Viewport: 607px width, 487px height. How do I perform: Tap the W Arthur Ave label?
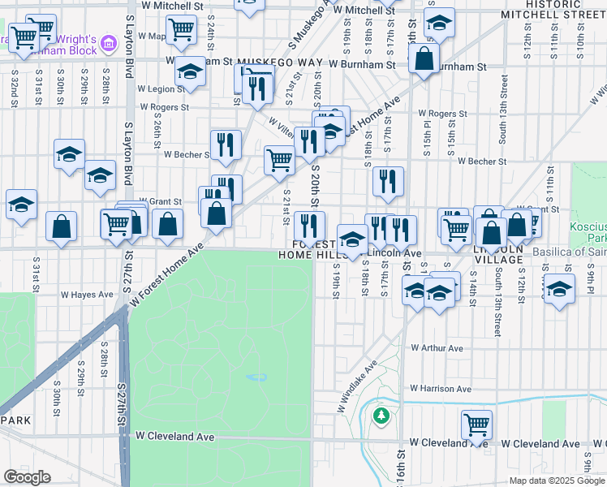(x=437, y=348)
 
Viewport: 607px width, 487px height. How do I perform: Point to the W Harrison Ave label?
(x=441, y=389)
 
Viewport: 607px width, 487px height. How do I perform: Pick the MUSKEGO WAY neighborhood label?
(x=283, y=62)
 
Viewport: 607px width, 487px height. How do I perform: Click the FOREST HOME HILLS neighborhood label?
(x=316, y=249)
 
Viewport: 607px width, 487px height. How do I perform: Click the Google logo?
(x=27, y=477)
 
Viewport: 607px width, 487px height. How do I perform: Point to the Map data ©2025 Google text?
(x=557, y=481)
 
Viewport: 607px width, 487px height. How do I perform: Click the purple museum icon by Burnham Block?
(x=108, y=41)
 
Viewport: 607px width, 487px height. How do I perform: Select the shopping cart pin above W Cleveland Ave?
(x=476, y=424)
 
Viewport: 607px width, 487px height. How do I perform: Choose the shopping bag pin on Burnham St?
(x=424, y=58)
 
